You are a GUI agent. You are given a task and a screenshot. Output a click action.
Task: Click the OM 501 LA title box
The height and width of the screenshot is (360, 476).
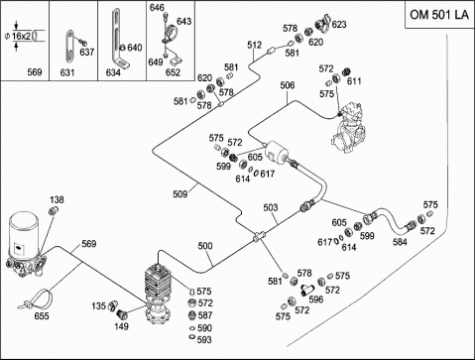point(440,15)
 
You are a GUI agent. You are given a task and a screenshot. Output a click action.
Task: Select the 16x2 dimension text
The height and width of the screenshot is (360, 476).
point(21,36)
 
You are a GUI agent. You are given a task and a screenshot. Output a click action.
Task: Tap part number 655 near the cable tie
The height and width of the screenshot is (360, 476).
point(42,316)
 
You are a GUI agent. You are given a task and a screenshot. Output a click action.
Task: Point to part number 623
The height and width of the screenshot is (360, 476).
point(339,24)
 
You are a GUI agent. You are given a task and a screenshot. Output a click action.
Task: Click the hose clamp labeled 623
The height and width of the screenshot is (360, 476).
point(323,23)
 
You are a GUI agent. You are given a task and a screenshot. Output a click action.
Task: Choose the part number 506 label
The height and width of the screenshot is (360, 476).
point(288,85)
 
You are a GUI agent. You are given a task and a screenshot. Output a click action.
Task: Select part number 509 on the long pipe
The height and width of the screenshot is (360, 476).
point(180,194)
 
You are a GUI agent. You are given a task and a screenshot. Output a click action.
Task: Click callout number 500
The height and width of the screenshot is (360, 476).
point(205,246)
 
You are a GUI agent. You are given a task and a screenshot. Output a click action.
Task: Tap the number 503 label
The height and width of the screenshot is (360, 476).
point(271,207)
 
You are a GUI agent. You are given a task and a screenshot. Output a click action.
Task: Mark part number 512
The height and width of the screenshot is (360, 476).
point(255,45)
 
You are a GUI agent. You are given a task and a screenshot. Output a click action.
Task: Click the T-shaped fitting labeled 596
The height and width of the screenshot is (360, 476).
point(306,290)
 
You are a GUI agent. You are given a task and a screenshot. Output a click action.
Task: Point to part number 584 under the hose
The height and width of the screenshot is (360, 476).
point(400,242)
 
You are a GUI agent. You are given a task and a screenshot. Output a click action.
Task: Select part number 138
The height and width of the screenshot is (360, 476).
point(57,199)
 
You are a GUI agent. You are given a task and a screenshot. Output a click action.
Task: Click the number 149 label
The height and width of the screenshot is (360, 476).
point(121,326)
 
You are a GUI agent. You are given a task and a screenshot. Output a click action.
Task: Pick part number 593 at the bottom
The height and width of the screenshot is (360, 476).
point(204,339)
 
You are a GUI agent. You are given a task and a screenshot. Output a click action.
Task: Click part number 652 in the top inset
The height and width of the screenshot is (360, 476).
point(173,72)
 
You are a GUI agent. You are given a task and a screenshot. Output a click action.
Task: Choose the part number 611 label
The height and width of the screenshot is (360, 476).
point(354,81)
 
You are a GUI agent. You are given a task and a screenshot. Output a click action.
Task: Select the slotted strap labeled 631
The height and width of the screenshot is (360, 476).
point(69,46)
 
